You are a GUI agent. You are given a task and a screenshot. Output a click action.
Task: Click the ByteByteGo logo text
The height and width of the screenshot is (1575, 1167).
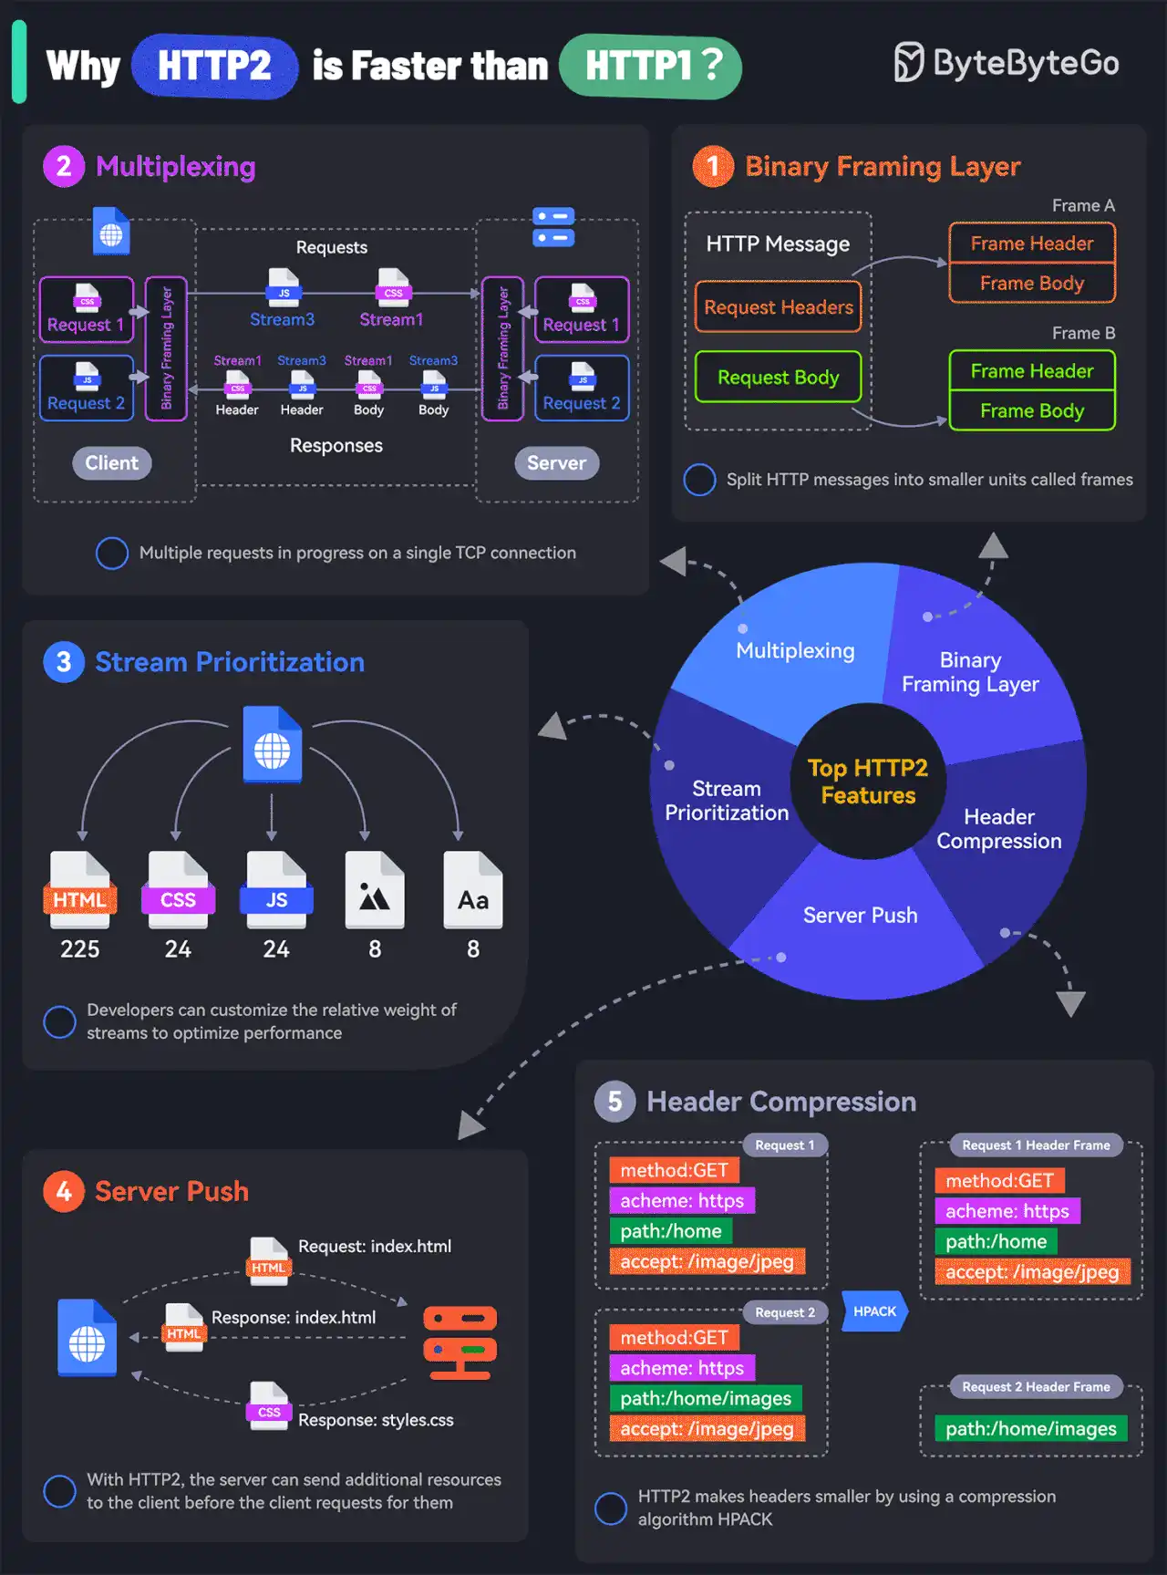click(x=1025, y=63)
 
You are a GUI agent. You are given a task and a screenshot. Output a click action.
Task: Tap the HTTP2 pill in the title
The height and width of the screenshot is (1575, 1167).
click(x=214, y=67)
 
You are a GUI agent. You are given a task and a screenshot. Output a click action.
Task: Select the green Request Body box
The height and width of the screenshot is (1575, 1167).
click(x=778, y=377)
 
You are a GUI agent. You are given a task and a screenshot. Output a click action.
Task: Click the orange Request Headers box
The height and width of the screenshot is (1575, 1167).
click(x=778, y=307)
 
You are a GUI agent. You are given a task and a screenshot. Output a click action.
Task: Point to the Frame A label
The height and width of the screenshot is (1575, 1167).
click(x=1082, y=206)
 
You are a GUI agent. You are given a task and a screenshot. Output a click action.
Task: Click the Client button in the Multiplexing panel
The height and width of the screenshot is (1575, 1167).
click(x=111, y=463)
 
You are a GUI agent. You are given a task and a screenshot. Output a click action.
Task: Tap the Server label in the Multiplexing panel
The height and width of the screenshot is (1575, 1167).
click(x=556, y=463)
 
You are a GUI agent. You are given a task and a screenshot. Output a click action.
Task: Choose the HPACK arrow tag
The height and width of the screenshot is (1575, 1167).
click(x=874, y=1311)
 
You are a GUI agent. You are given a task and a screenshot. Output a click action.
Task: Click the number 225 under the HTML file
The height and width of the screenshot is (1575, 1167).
click(x=79, y=949)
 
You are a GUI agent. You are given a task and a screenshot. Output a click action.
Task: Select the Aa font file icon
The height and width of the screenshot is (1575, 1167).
click(x=472, y=890)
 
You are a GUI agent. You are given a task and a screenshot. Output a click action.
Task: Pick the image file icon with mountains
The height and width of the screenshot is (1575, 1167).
click(x=374, y=890)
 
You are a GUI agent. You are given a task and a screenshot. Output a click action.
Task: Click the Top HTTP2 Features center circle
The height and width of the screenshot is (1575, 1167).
click(x=868, y=782)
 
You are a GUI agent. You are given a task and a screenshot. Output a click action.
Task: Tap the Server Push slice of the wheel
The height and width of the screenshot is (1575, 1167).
click(x=860, y=916)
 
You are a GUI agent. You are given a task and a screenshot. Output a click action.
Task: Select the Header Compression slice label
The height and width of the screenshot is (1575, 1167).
click(x=999, y=829)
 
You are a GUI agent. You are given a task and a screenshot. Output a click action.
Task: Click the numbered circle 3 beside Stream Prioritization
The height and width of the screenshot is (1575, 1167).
click(x=64, y=662)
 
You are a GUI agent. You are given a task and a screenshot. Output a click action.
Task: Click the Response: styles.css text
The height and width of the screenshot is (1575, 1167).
click(x=376, y=1420)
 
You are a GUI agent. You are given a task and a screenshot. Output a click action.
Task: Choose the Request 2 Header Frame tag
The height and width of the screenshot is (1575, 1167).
click(x=1036, y=1387)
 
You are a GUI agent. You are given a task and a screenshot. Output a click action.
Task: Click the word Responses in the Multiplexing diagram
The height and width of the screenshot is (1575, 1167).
click(x=336, y=446)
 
